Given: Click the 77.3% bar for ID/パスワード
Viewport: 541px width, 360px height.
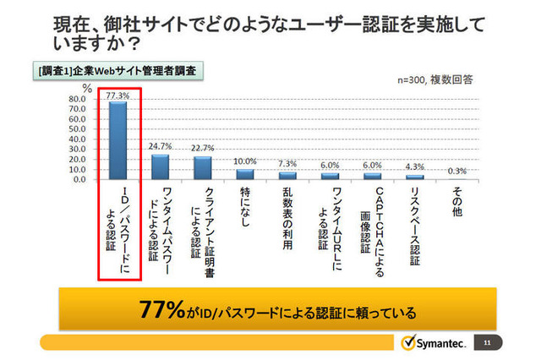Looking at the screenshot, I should tap(117, 140).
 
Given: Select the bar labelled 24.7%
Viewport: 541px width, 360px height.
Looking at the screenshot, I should tap(160, 166).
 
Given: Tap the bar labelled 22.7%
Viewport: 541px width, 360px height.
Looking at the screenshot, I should tap(202, 167).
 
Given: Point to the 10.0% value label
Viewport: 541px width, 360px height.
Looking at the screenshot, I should tap(244, 161).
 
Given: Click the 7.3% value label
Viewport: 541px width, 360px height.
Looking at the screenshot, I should tap(287, 164).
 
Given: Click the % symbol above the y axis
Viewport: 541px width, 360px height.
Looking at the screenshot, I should tap(86, 87).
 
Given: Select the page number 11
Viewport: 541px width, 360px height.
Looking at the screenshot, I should tap(488, 343).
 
